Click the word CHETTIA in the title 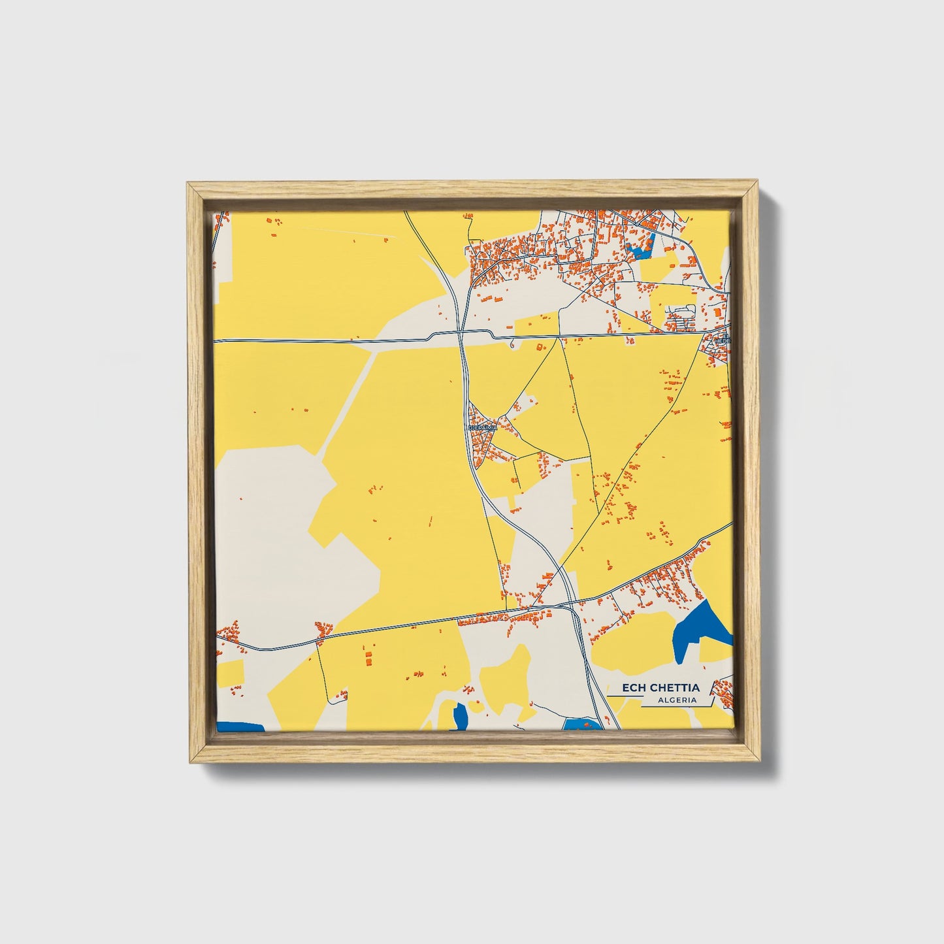tap(675, 687)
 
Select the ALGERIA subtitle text tap(677, 700)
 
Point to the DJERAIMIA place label tap(483, 427)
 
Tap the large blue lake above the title tap(702, 628)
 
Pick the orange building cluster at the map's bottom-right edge tap(724, 692)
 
